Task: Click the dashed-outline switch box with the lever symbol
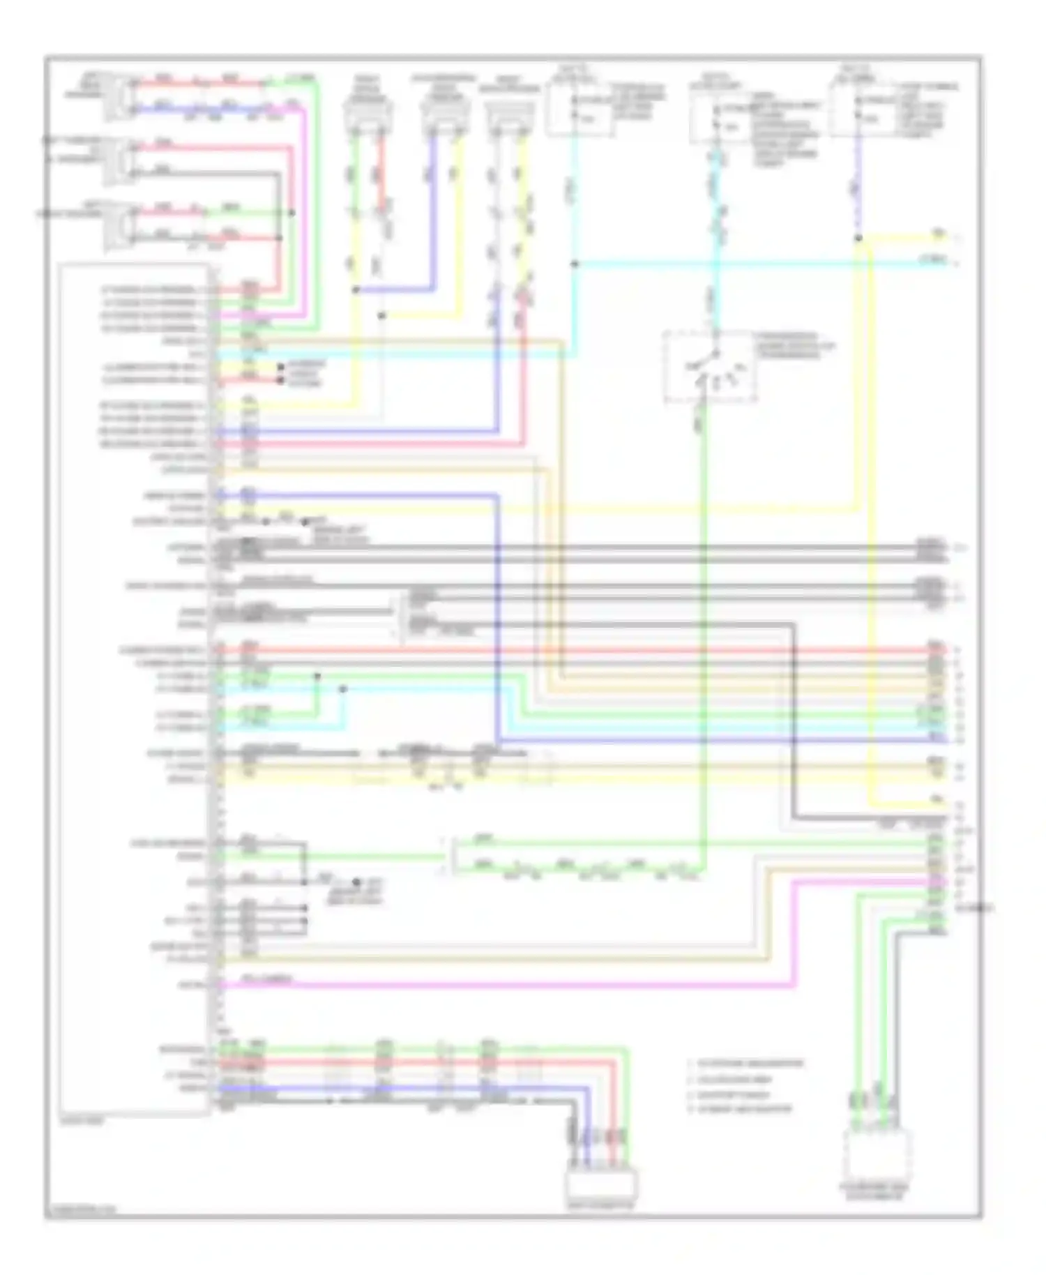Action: pos(710,366)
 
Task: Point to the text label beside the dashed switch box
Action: pos(795,345)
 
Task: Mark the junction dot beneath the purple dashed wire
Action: pos(858,239)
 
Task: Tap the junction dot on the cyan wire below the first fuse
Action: pos(575,264)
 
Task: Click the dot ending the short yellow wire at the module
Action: pos(281,368)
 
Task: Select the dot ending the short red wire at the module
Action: pos(281,380)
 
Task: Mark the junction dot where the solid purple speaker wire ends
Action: pos(356,289)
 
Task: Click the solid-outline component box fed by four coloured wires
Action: pos(601,1184)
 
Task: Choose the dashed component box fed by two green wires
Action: pos(877,1155)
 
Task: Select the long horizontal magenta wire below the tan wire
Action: pos(502,986)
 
